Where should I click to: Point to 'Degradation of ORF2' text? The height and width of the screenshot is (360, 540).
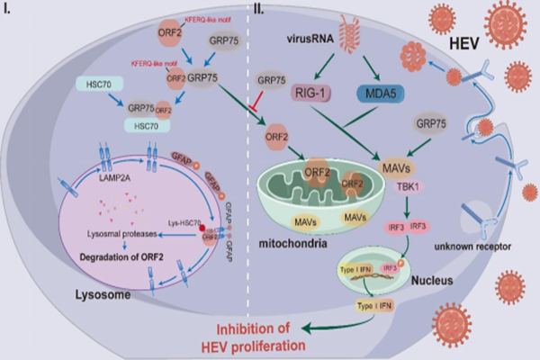click(x=117, y=249)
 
